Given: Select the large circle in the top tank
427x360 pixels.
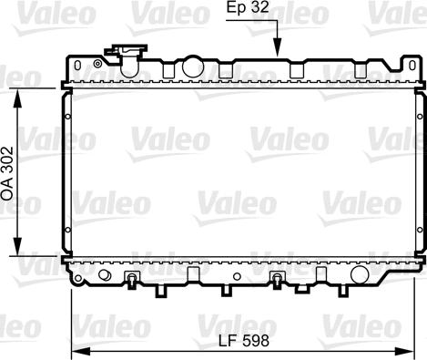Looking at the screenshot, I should (192, 67).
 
